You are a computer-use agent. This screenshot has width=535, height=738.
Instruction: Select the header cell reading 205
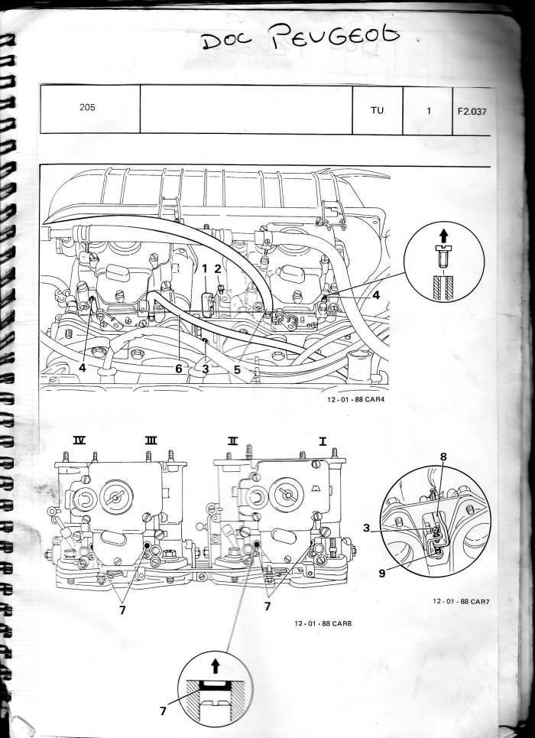[88, 108]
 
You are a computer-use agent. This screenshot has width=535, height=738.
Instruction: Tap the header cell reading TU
[377, 110]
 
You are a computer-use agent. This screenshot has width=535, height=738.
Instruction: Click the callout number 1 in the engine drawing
[205, 268]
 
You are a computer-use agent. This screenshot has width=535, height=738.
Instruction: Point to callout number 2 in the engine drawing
[218, 268]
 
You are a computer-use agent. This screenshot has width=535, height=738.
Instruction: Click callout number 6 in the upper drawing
[178, 369]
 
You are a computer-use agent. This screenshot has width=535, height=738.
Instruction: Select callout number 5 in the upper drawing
[237, 369]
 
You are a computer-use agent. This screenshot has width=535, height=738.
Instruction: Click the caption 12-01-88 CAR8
[322, 623]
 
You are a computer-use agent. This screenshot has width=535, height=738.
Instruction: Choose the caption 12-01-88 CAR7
[460, 603]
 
